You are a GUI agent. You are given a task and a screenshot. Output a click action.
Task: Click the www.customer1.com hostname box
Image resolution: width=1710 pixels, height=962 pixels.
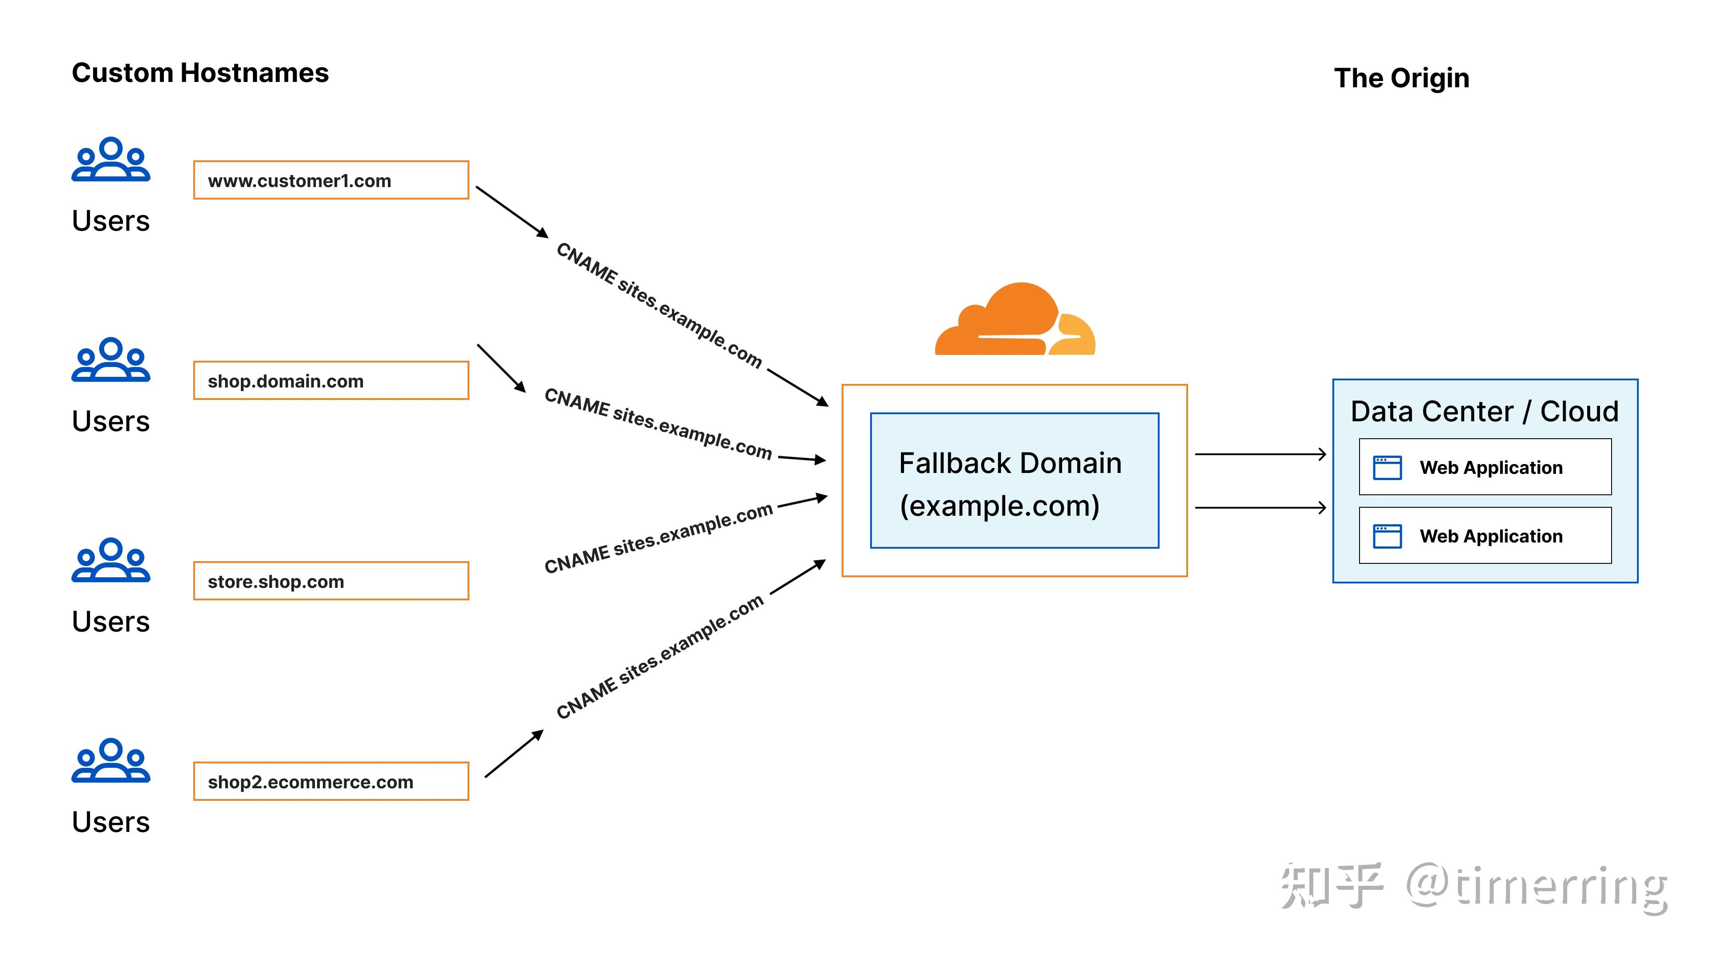330,180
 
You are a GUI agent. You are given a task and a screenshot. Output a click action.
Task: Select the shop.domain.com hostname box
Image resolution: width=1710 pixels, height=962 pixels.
330,380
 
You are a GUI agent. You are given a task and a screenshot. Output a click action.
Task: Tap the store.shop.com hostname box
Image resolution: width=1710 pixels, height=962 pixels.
330,581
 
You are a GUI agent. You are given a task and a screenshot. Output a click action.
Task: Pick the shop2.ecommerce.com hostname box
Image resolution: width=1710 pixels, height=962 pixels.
330,782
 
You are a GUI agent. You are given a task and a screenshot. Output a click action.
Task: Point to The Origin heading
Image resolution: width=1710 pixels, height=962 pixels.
1401,78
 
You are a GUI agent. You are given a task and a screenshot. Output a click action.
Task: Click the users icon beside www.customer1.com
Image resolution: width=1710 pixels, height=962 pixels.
111,160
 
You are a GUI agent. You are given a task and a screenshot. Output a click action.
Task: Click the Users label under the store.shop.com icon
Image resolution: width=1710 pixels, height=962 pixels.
111,621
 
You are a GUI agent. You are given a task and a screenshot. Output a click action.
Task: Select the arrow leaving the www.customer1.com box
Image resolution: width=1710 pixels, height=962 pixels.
511,211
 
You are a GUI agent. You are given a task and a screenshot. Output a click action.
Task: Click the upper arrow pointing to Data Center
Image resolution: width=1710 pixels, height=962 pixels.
1259,454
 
